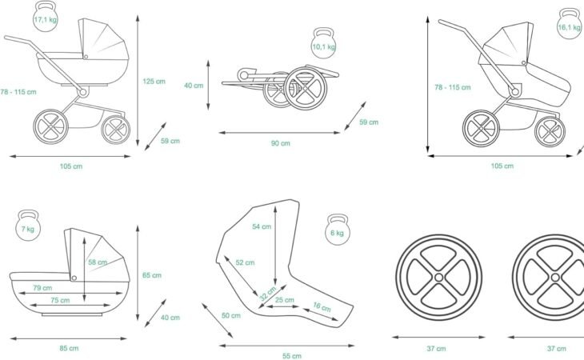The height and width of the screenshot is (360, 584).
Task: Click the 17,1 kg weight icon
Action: point(44,17)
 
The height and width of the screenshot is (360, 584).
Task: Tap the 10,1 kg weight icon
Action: point(324,45)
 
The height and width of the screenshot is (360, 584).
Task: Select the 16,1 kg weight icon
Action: point(569,24)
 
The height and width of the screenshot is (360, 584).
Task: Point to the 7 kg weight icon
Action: point(29,226)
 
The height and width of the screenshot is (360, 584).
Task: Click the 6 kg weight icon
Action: point(338,230)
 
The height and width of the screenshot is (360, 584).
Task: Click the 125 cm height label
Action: point(154,81)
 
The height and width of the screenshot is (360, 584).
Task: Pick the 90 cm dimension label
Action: point(279,143)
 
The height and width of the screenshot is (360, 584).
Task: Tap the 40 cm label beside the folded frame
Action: point(193,85)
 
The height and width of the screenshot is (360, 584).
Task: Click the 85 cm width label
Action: point(69,348)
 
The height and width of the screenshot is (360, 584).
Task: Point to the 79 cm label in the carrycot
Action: point(43,288)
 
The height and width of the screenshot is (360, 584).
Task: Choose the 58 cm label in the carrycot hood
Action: point(98,262)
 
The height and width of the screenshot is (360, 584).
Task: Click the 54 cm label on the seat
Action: point(262,226)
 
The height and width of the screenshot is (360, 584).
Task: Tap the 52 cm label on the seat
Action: point(245,262)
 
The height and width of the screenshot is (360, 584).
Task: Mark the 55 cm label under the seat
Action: point(292,355)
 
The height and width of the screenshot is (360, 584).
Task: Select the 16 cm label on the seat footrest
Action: point(321,306)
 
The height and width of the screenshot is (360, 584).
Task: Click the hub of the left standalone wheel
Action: point(438,276)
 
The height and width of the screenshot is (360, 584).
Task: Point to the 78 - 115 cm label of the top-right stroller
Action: point(452,87)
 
